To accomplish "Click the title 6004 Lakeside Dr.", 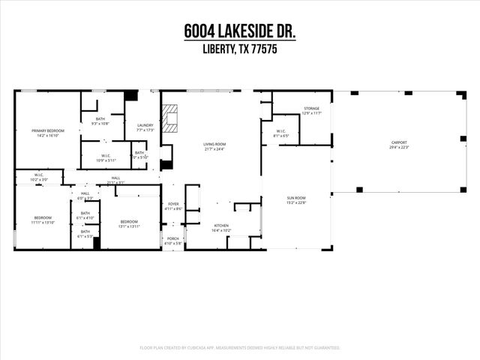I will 239,32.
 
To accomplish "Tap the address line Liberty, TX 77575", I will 239,50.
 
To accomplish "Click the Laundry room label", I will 145,127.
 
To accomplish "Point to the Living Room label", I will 214,146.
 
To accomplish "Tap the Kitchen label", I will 221,227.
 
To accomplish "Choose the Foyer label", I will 173,205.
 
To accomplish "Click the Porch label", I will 173,241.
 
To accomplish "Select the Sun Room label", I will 296,199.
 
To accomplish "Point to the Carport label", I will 398,144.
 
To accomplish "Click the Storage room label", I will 311,111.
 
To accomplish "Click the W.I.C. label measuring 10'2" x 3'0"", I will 38,178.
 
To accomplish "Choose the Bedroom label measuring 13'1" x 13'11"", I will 129,223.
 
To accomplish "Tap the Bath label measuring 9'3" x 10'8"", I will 100,120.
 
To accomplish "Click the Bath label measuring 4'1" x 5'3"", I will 85,234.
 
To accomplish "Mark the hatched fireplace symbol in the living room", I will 171,118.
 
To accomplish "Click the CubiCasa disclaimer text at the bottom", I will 239,348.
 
